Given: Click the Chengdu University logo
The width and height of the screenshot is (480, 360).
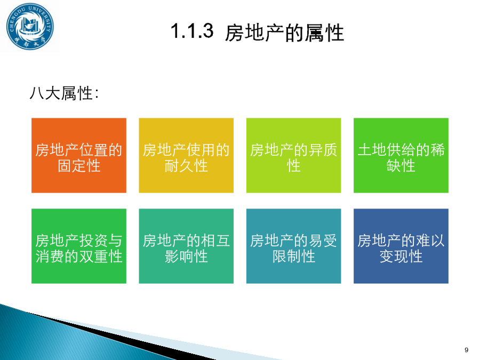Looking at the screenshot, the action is tap(30, 26).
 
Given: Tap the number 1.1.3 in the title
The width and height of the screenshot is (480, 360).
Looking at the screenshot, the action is tap(192, 31).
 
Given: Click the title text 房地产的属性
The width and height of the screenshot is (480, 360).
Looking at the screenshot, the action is tap(284, 33).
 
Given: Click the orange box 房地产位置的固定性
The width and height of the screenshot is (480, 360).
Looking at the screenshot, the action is tap(79, 156).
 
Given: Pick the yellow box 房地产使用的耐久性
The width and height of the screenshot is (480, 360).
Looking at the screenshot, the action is tap(186, 156).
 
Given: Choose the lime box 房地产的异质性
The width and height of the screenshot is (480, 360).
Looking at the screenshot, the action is tap(293, 156).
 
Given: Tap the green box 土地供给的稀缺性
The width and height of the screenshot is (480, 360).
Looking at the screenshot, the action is tap(401, 156).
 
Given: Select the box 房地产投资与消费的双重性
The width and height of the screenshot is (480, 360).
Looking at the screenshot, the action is tap(79, 246).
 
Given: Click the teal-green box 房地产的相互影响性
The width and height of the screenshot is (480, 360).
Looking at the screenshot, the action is tap(186, 246).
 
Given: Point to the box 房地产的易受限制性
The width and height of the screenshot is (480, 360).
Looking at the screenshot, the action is tap(293, 246).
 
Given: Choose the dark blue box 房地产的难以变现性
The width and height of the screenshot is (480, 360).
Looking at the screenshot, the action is tap(401, 246).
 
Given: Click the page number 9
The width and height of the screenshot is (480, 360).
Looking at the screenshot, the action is tap(466, 350).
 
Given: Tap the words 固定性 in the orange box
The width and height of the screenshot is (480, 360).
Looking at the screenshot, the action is tap(79, 166).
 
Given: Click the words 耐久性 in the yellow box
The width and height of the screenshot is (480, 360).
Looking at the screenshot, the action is tap(186, 166).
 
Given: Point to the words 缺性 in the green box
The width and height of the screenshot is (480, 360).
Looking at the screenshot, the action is tap(401, 166).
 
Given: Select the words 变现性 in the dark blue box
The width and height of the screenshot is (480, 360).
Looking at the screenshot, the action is tap(401, 257).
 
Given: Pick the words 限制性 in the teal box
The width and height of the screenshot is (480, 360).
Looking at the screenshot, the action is tap(293, 257).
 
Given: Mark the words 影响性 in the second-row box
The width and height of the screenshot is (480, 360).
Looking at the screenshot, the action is tap(186, 257).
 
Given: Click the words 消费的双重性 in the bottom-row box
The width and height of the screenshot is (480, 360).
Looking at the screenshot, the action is tap(79, 257).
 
